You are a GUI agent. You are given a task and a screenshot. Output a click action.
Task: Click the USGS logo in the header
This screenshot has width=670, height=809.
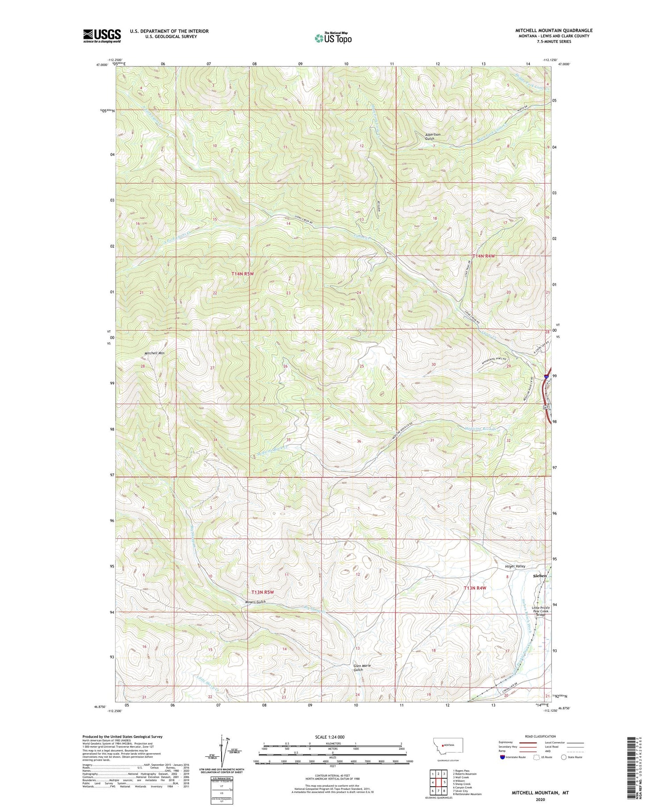tap(102, 36)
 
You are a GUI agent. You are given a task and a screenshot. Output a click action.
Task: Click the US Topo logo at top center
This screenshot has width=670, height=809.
tap(333, 38)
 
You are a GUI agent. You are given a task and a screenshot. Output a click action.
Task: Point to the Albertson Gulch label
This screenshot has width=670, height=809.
tap(432, 137)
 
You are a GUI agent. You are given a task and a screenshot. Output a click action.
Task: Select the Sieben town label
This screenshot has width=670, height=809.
tap(540, 576)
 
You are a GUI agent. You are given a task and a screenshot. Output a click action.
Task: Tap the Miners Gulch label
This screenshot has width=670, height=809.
tap(255, 602)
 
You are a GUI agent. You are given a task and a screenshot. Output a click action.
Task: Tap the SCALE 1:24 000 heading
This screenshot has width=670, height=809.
tap(332, 737)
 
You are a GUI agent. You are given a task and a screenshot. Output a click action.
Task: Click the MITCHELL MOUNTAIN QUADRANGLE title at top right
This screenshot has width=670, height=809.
tap(554, 30)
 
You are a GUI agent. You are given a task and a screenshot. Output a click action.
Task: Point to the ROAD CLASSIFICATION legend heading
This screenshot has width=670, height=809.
tap(540, 736)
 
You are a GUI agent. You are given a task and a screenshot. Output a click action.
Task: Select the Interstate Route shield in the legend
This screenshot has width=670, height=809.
tap(502, 757)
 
